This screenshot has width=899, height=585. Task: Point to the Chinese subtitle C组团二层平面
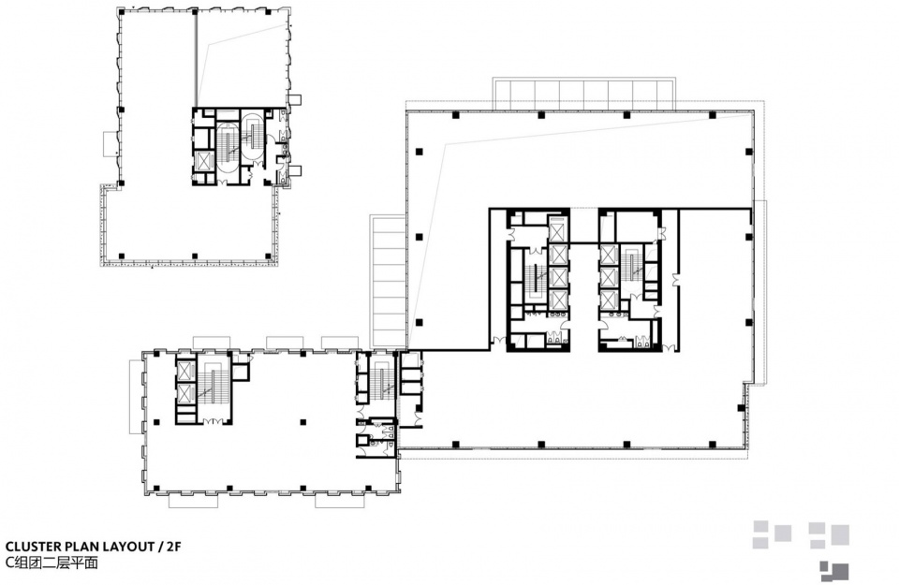tap(52, 563)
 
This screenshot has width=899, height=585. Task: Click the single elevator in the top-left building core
tap(204, 162)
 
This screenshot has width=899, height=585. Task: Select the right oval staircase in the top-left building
tap(252, 137)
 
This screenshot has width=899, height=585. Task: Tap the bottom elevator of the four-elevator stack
tap(557, 300)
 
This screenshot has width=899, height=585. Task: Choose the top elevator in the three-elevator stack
tap(609, 254)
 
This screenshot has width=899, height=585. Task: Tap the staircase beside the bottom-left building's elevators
tap(213, 389)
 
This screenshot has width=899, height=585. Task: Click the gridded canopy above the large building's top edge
tap(583, 94)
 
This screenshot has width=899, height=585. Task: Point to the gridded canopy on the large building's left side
tap(388, 282)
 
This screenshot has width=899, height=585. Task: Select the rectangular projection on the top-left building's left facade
tap(111, 143)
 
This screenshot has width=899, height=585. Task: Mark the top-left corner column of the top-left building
tap(121, 12)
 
